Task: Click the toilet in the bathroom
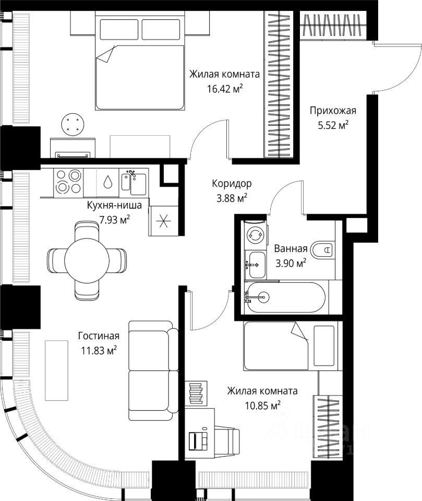321,249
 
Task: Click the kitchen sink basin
138,184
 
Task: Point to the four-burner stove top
69,181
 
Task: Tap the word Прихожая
333,111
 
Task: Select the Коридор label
232,184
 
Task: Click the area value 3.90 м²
291,264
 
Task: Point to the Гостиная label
99,336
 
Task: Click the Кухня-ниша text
114,205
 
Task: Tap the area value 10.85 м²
262,405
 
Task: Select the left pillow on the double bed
119,29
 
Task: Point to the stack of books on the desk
196,392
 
